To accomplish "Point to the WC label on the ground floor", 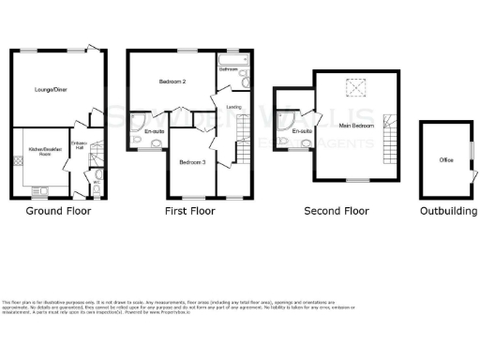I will point(97,184).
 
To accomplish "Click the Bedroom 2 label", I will point(171,82).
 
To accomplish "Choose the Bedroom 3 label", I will point(193,162).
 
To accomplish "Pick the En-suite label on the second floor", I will point(301,131).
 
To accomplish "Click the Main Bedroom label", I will point(356,125).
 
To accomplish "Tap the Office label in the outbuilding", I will point(445,160).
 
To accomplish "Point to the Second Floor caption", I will point(337,211).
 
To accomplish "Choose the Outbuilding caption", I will point(448,211).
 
